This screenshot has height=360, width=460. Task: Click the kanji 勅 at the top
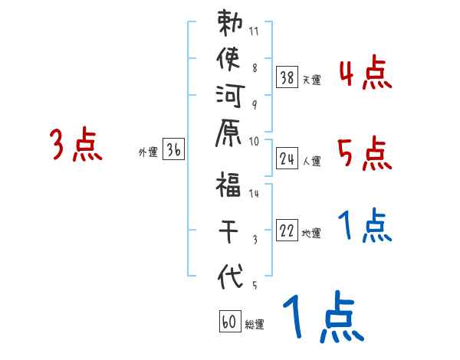point(230,25)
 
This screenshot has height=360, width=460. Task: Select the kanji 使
point(230,61)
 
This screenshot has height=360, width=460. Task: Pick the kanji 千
point(230,230)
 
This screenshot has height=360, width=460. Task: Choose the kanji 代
point(230,274)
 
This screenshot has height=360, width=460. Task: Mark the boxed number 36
point(174,150)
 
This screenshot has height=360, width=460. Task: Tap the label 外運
point(148,152)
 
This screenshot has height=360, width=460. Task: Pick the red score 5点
point(365,154)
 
